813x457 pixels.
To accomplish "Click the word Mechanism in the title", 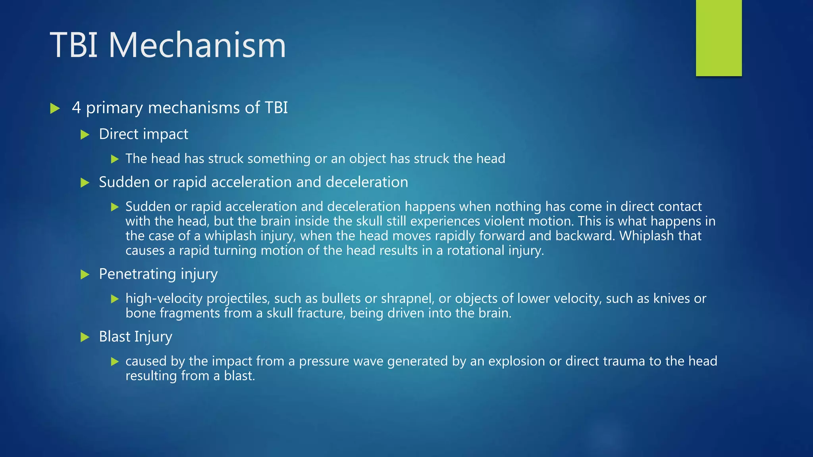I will (x=197, y=45).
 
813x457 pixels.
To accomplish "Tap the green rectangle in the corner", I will (x=719, y=38).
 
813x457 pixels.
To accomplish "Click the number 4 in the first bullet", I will (x=76, y=108).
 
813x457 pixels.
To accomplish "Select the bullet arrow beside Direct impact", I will (x=85, y=135).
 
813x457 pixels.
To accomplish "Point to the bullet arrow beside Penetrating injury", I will (x=85, y=275).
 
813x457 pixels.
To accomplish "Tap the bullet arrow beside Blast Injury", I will (x=85, y=337).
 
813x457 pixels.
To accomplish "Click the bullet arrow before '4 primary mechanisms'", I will (x=55, y=108).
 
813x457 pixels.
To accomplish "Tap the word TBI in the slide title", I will (x=74, y=45).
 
